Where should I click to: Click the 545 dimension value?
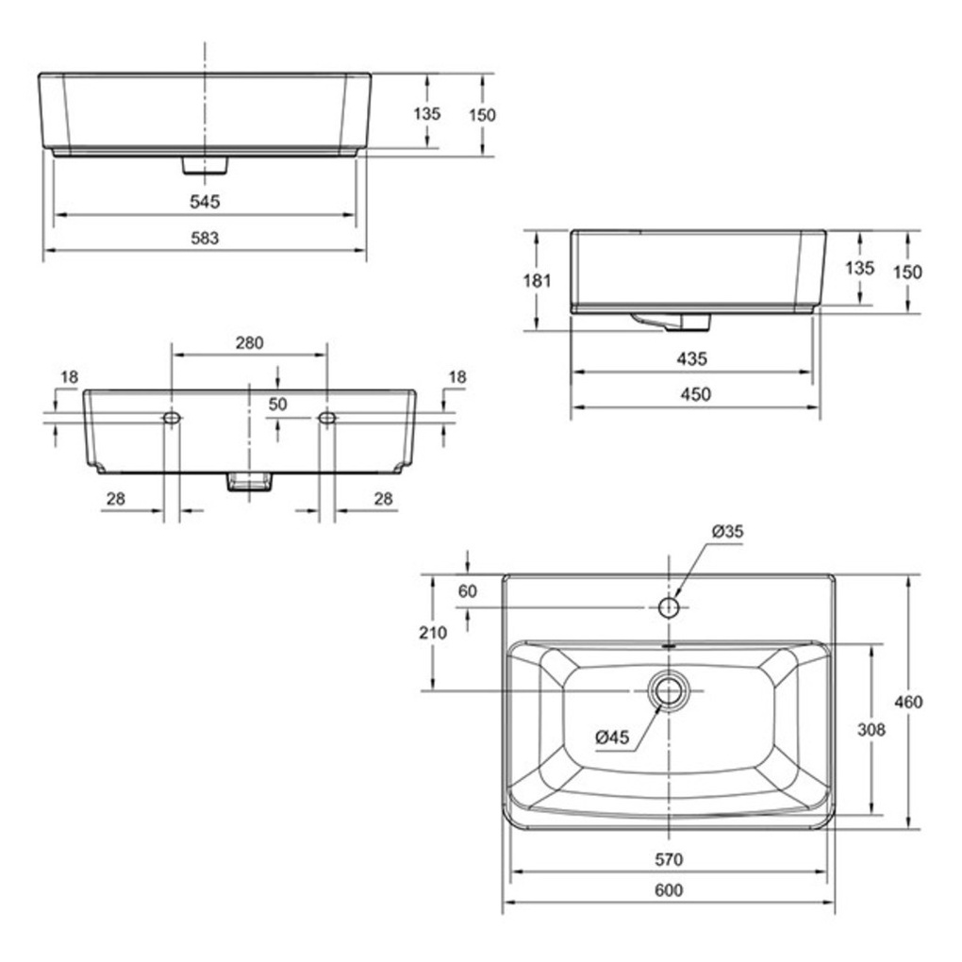(205, 201)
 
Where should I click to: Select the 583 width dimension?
(205, 238)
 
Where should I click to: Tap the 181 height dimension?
(537, 280)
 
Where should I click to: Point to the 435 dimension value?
(692, 358)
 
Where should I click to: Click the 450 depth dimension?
(696, 394)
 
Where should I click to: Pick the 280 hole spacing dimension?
(249, 342)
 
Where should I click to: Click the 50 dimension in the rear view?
(278, 404)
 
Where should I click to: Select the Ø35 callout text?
(728, 531)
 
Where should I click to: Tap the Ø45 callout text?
(612, 737)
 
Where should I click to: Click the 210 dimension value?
(433, 632)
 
